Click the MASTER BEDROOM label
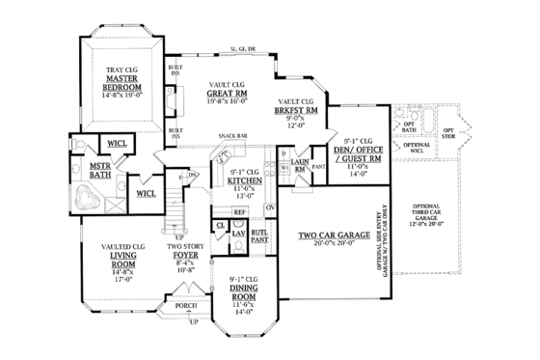point(122,83)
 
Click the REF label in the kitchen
point(240,211)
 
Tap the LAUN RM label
point(300,166)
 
